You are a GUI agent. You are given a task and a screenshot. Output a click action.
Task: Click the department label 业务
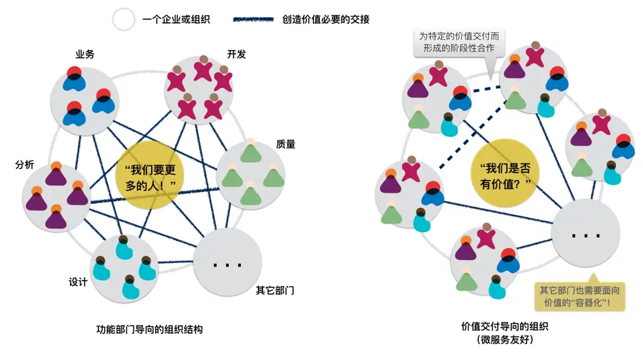(x=84, y=54)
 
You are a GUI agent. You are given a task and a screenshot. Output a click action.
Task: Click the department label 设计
(x=78, y=282)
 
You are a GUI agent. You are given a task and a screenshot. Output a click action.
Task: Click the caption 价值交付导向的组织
(x=505, y=326)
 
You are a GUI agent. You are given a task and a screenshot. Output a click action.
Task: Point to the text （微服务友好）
(x=505, y=340)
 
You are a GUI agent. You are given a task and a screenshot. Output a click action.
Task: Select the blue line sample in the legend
(x=253, y=20)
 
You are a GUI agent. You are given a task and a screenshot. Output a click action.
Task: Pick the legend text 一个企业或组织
(x=176, y=20)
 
